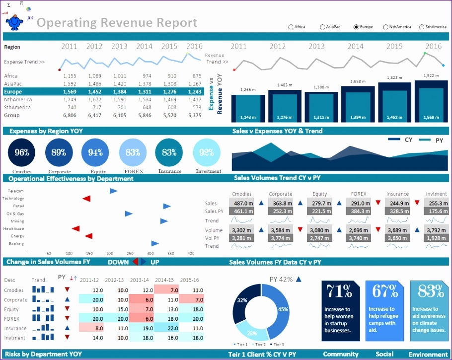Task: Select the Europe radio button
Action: click(x=356, y=27)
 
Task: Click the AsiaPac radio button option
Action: click(x=323, y=27)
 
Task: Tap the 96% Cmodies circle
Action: click(x=22, y=152)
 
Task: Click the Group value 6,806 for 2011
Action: click(x=70, y=115)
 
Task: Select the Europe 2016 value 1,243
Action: click(x=195, y=92)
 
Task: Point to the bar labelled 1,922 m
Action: click(x=432, y=99)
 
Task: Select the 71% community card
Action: click(x=341, y=310)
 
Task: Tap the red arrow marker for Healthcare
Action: click(x=75, y=228)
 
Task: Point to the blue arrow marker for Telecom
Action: click(x=114, y=191)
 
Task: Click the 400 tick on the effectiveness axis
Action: click(x=190, y=253)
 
